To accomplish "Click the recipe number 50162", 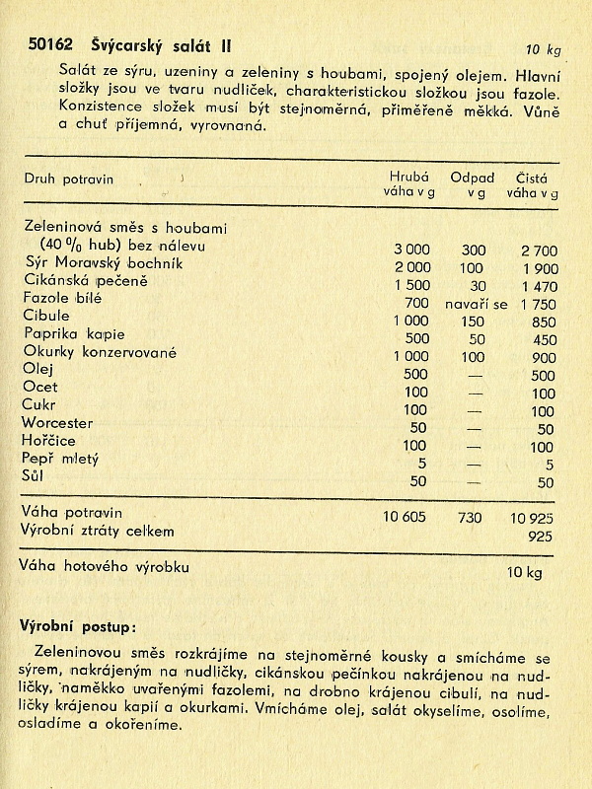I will point(48,44).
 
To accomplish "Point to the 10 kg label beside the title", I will point(543,49).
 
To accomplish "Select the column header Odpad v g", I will point(472,184).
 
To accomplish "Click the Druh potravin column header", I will point(68,179).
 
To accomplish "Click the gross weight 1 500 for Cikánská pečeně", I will point(411,284).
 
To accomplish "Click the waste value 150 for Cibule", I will point(474,321).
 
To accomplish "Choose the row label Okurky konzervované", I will point(100,351).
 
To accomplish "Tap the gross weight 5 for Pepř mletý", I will point(422,463).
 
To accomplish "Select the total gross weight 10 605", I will point(407,516).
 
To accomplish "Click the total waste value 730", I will point(474,516).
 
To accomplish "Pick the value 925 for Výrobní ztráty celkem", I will point(541,536).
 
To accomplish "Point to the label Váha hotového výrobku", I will point(104,567).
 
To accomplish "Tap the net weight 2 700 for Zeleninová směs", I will point(539,251).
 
